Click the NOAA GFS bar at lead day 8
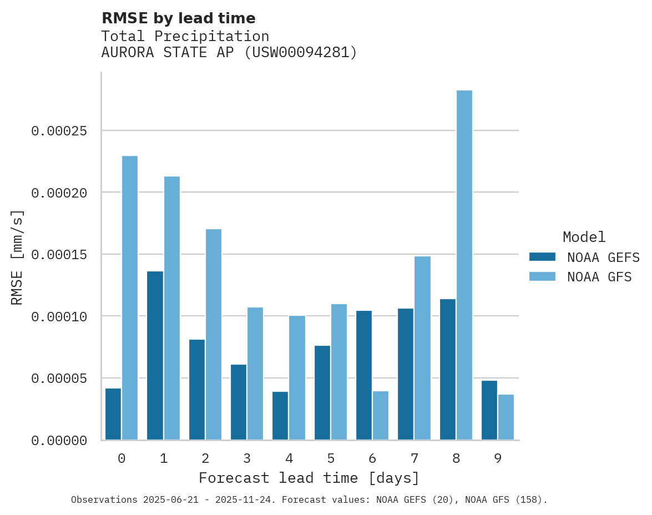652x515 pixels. tap(464, 265)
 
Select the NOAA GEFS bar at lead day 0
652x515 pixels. tap(113, 414)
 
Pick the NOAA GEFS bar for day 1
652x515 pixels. tap(155, 356)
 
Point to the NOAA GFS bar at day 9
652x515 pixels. tap(506, 417)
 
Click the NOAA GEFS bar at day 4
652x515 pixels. tap(280, 416)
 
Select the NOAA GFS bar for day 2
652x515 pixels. tap(214, 335)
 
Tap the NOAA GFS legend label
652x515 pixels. tap(599, 277)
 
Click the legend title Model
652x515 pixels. tap(584, 237)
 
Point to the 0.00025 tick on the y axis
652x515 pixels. tap(59, 131)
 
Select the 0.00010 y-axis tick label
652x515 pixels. tap(59, 316)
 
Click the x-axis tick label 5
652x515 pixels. tap(331, 459)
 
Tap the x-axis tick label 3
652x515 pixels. tap(247, 459)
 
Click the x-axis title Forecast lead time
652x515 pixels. tap(309, 478)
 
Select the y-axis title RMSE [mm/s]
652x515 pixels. tap(17, 257)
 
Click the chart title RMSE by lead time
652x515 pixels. tap(179, 18)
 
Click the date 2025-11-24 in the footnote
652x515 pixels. tap(248, 500)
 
